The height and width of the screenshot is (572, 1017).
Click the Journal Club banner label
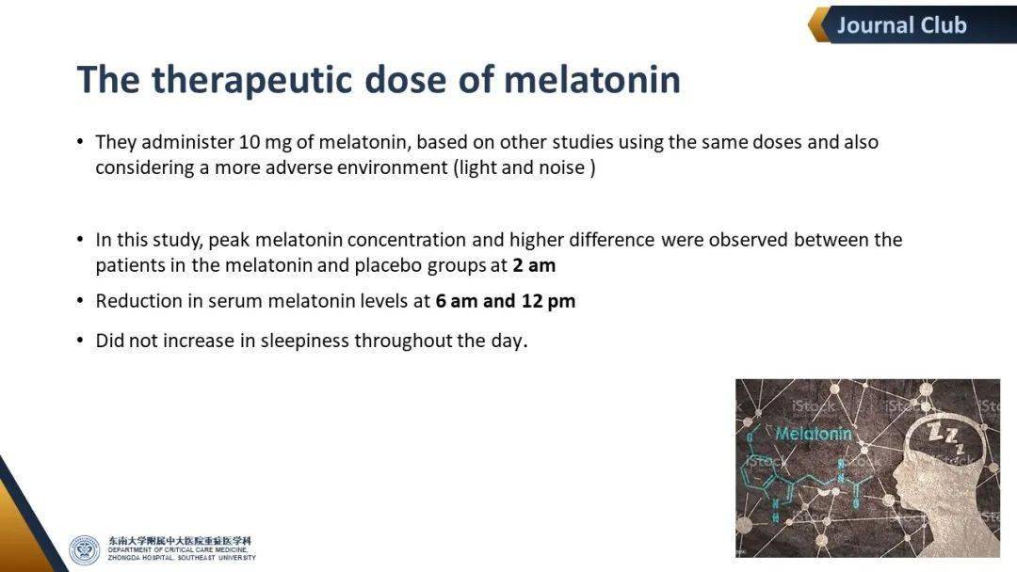901,25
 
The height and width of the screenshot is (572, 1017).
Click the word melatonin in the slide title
591,80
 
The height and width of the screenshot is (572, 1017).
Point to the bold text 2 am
534,265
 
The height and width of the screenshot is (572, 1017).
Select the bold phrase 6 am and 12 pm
506,301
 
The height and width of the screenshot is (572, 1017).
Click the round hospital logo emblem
85,550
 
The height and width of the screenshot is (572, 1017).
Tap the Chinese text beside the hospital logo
179,540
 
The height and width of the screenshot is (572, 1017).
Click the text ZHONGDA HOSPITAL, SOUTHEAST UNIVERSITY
182,558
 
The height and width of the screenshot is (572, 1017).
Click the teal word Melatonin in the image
814,434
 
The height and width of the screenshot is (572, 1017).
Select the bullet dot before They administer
80,141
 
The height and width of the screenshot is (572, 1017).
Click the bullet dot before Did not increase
80,340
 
